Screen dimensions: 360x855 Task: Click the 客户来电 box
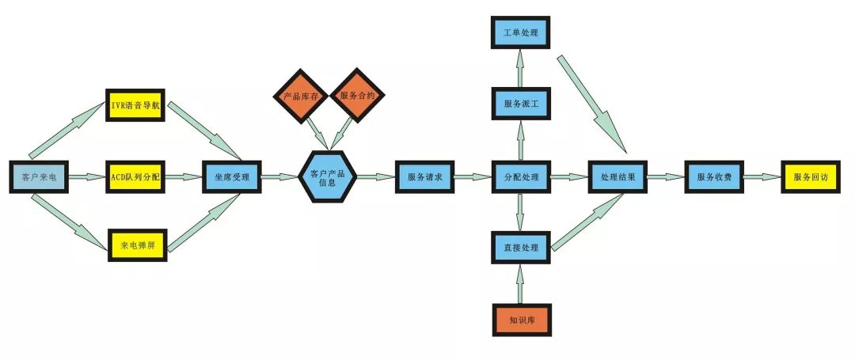pos(39,177)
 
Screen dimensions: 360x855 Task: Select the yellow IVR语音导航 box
pos(135,105)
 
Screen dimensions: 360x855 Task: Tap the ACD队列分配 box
pos(135,177)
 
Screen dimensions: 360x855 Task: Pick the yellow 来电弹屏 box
pos(137,245)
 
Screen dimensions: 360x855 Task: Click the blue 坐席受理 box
pos(232,177)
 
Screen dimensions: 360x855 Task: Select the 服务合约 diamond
pos(357,96)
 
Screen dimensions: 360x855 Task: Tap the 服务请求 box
pos(425,177)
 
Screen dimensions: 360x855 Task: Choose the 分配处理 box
pos(520,177)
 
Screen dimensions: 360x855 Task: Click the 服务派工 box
pos(520,103)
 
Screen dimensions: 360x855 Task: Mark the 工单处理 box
pos(520,32)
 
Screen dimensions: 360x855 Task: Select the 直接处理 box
pos(520,248)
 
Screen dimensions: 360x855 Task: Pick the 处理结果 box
pos(617,177)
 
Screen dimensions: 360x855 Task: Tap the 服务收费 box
pos(714,177)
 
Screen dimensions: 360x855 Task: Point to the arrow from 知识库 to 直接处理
pos(520,284)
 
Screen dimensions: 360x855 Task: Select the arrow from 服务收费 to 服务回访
pos(762,177)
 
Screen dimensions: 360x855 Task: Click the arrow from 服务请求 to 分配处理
pos(473,177)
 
